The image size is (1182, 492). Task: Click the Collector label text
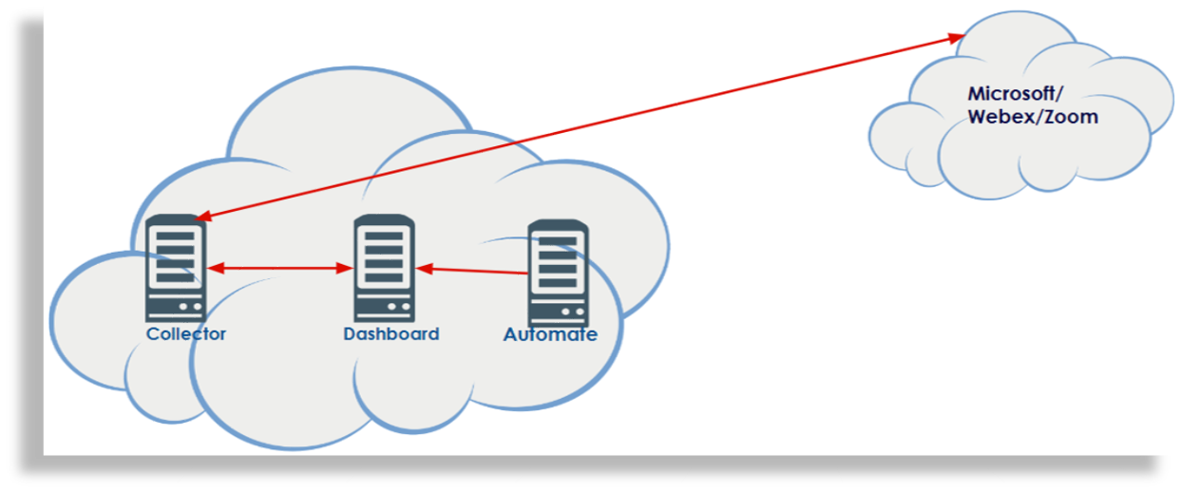186,334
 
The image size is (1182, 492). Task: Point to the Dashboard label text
391,334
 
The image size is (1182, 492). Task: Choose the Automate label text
550,334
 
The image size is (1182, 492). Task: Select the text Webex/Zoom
1033,118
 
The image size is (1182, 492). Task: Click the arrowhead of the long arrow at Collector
201,218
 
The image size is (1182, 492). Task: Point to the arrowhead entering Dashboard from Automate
425,269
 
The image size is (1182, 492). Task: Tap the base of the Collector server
176,310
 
